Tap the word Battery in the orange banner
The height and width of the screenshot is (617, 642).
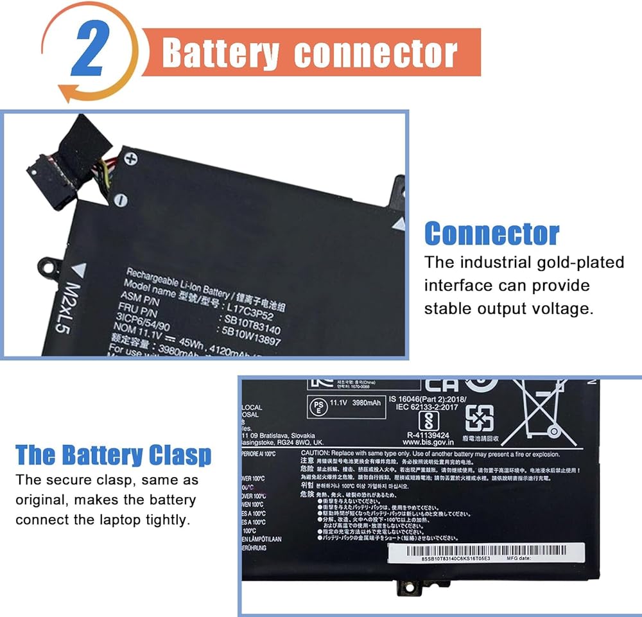click(221, 53)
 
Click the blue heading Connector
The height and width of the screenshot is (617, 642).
click(492, 234)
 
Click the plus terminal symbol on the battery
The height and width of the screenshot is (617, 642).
click(131, 158)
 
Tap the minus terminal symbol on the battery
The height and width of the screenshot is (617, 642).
click(120, 201)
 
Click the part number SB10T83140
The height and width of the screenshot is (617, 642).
click(252, 319)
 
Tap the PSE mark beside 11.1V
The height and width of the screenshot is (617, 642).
click(317, 407)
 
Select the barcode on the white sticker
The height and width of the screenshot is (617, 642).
click(485, 550)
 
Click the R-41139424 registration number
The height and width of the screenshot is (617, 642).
click(428, 433)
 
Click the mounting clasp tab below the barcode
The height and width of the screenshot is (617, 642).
click(405, 586)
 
